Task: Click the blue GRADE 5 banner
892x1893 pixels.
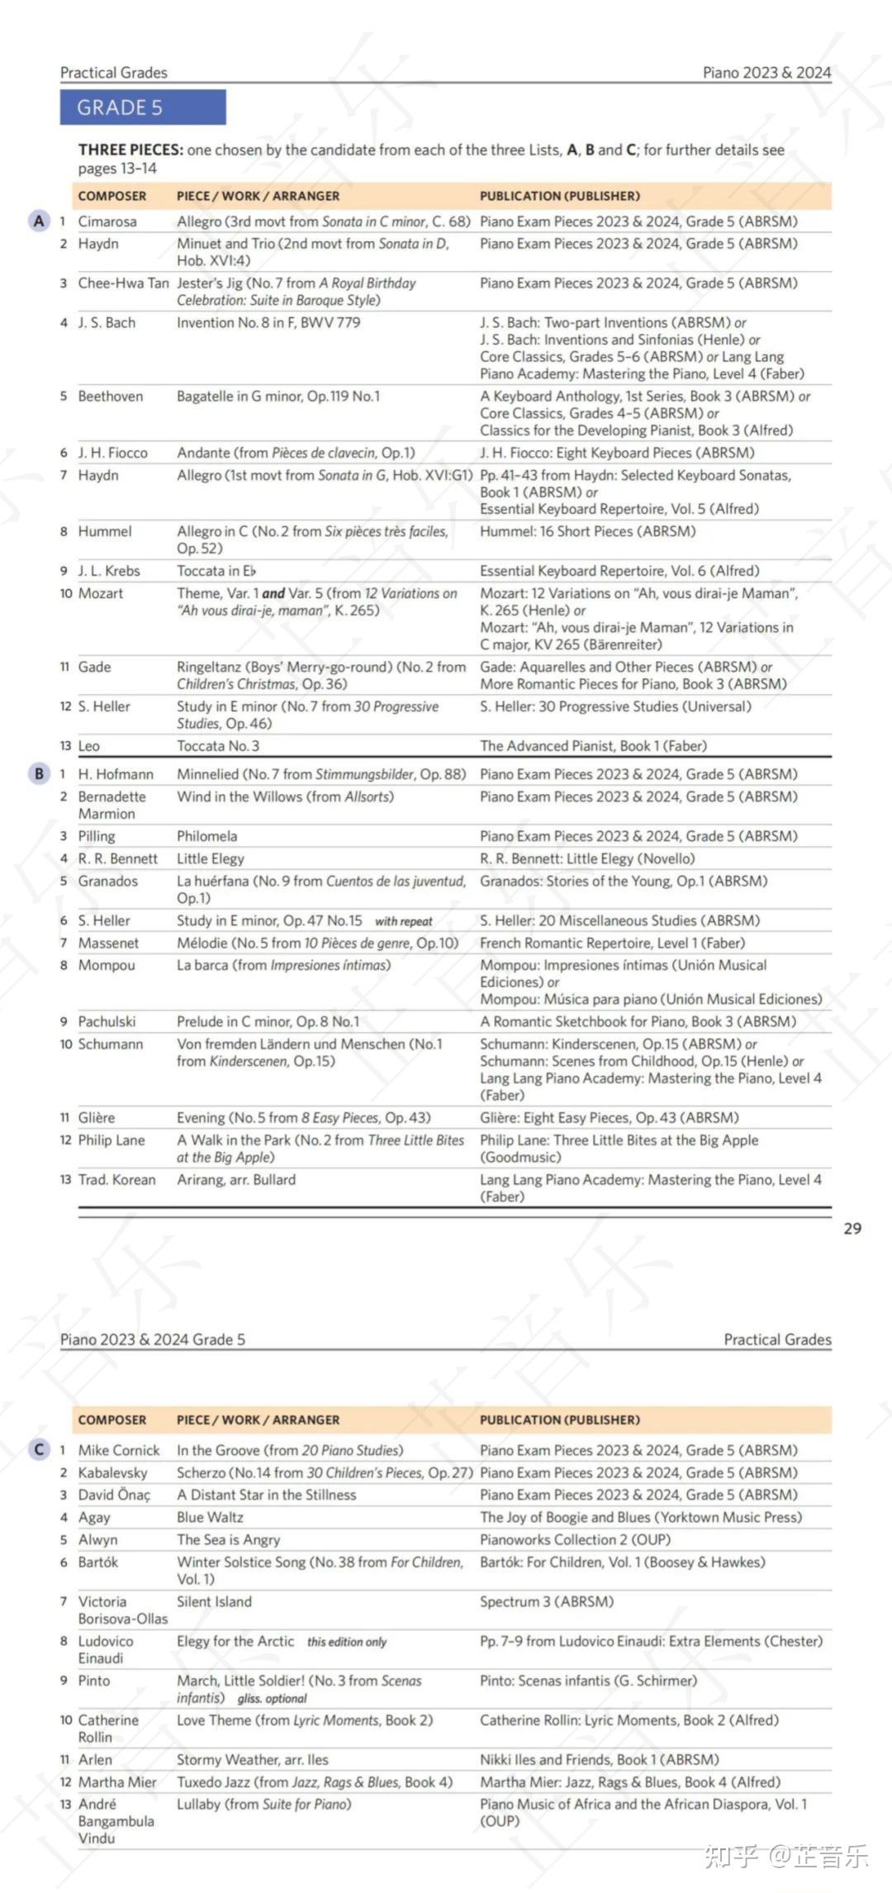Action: click(142, 107)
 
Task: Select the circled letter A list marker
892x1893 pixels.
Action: click(39, 221)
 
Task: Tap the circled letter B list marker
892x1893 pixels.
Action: click(39, 773)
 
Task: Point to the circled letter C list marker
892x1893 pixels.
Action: click(39, 1449)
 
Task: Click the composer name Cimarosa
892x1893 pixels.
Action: click(107, 221)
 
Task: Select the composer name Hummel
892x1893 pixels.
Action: click(105, 531)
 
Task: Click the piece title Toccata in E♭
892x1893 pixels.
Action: click(216, 571)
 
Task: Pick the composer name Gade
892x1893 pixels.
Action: click(94, 667)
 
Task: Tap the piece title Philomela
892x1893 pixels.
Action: click(206, 836)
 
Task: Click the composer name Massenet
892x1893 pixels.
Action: click(108, 943)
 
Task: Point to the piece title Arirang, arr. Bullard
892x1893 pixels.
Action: click(236, 1180)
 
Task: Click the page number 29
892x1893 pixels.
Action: click(852, 1228)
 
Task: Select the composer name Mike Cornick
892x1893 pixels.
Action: click(119, 1450)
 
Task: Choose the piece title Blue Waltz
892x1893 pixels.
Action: click(210, 1517)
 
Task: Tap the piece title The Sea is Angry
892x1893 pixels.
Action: click(228, 1539)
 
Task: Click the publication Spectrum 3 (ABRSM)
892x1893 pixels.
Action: click(547, 1601)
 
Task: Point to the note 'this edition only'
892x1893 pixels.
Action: click(347, 1642)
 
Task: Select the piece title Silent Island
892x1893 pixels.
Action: click(214, 1601)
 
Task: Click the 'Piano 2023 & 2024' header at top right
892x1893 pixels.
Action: click(766, 73)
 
